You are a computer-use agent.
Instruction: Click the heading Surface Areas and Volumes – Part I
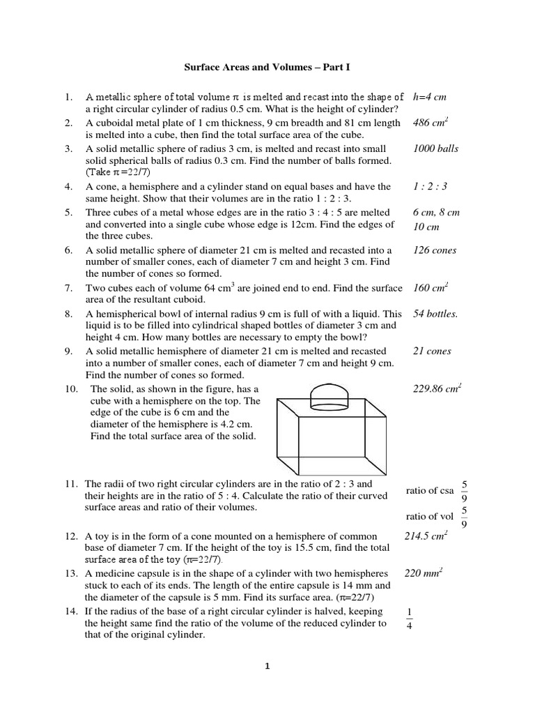point(268,68)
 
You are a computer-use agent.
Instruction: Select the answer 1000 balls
point(436,149)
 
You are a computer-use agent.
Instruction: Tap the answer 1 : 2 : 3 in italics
point(431,187)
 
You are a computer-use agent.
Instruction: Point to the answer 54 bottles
point(436,314)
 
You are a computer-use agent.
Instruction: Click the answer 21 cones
point(432,351)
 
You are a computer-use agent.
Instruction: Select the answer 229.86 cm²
point(438,388)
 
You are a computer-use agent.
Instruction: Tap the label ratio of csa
point(430,491)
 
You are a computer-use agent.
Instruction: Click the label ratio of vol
point(429,516)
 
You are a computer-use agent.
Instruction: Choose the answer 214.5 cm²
point(426,536)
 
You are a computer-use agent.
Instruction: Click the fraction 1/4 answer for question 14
point(409,617)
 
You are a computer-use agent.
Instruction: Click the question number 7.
point(69,288)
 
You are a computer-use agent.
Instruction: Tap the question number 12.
point(72,537)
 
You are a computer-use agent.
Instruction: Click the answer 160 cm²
point(431,288)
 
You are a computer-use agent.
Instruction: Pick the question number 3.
point(69,149)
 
